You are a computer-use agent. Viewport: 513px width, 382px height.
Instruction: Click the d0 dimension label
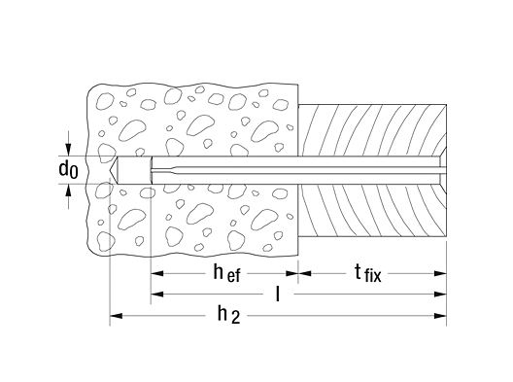pos(68,170)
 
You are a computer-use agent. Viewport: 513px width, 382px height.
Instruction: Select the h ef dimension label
pos(226,273)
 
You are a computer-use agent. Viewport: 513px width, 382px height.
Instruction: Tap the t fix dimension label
pos(368,273)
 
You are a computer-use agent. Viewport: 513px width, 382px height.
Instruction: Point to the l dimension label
pos(278,294)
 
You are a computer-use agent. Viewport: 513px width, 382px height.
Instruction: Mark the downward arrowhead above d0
pos(68,150)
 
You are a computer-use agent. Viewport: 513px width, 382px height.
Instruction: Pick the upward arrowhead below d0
pos(68,191)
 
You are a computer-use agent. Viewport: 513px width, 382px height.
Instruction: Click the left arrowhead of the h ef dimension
pos(157,273)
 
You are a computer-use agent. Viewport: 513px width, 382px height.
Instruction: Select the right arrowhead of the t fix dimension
pos(440,273)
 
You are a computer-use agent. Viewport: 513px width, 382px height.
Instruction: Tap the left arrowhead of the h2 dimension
pos(117,316)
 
